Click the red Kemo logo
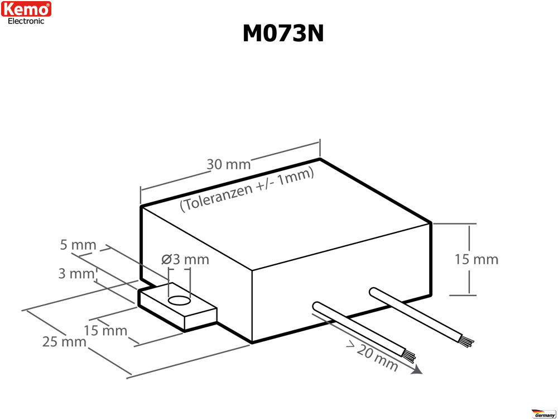(26, 9)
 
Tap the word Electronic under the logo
(26, 21)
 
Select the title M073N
(283, 34)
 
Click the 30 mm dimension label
(229, 164)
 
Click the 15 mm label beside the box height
(477, 259)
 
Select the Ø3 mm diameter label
(185, 259)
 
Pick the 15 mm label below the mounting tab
(105, 331)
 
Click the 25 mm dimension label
(64, 342)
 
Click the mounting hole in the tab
(180, 301)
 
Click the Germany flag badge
(543, 413)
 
